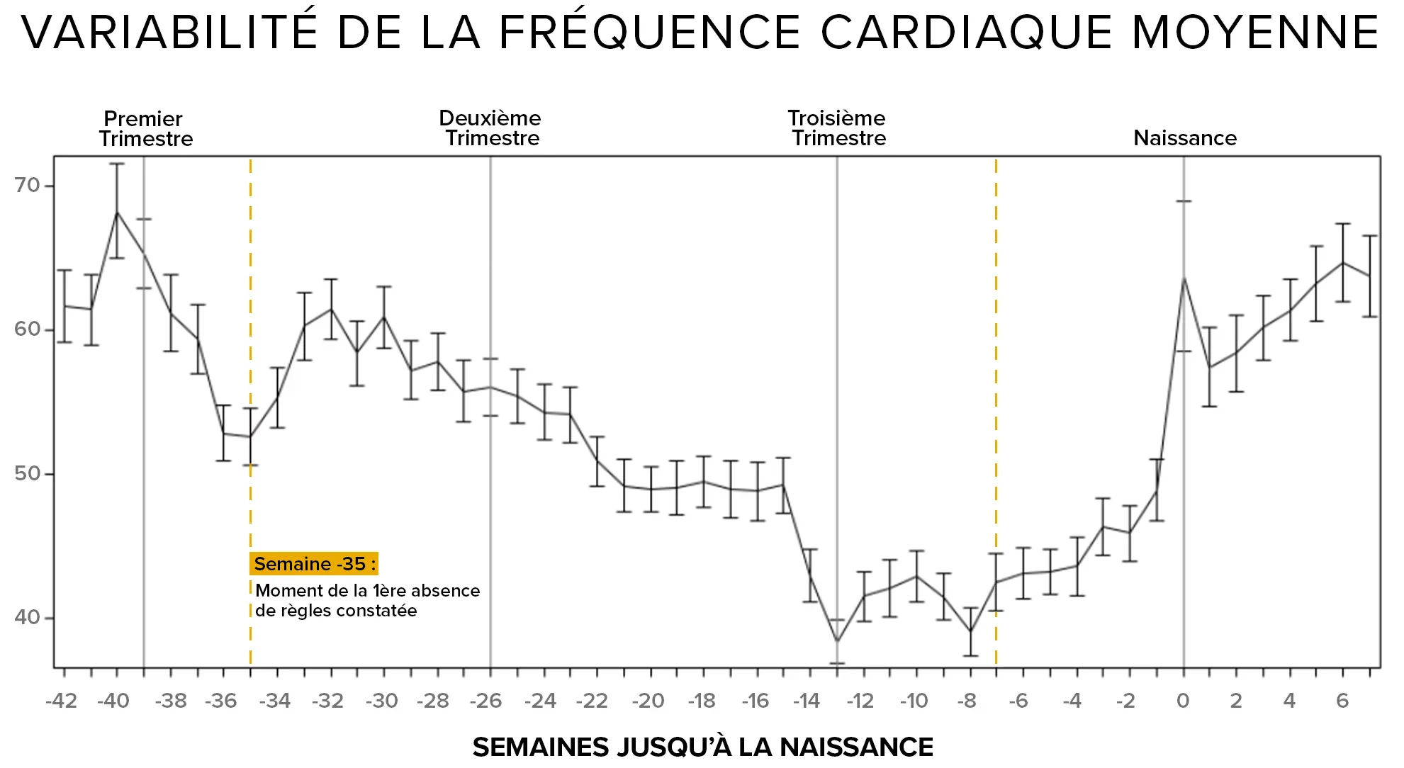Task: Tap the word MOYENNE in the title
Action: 1255,32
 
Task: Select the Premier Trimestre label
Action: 145,128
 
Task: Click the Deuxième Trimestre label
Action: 490,128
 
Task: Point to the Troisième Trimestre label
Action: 838,128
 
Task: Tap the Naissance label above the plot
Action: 1184,137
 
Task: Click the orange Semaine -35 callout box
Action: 314,564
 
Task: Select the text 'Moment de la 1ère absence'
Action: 367,590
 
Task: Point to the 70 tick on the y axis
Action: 27,185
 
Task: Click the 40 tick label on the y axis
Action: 27,617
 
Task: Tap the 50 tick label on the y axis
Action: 27,473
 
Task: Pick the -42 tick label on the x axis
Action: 61,701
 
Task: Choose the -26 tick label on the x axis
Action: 486,701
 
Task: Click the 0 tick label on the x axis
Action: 1183,701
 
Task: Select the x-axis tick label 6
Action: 1342,701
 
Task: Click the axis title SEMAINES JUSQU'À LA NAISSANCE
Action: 702,747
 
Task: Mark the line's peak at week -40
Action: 117,211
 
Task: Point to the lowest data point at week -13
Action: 837,641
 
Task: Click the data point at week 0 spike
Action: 1184,278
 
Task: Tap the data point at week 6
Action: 1343,263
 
